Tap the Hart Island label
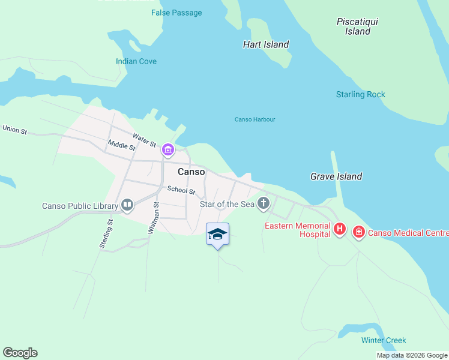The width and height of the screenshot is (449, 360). (x=266, y=44)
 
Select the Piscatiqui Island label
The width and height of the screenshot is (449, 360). (x=358, y=26)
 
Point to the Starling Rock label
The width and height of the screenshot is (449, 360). (x=360, y=94)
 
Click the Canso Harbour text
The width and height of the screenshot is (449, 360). (x=255, y=119)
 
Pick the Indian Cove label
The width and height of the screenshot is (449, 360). (x=136, y=61)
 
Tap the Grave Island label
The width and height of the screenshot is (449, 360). (x=336, y=176)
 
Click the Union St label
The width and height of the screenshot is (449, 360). (x=15, y=129)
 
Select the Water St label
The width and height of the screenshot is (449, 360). (x=144, y=140)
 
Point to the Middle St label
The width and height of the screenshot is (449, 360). (x=121, y=146)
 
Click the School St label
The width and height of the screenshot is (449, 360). (x=181, y=190)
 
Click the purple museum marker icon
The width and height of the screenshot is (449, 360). (x=167, y=150)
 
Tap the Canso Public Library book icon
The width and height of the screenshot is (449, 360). (x=127, y=206)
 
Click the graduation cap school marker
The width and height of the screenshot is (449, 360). (x=217, y=234)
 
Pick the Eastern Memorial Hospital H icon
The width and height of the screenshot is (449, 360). (x=340, y=229)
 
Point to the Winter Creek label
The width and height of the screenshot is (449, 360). (x=384, y=340)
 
